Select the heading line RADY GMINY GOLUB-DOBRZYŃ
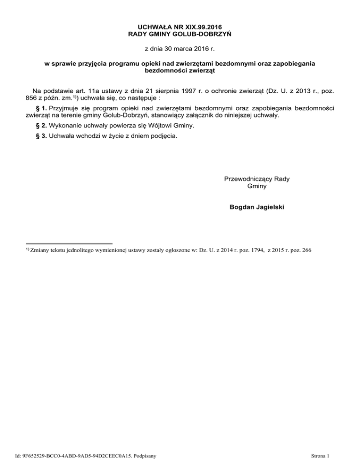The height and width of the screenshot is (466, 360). coord(180,34)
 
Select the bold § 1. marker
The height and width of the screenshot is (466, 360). coord(38,108)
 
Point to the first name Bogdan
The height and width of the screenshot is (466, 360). coord(241,206)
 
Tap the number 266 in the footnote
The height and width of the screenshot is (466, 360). coord(306,251)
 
